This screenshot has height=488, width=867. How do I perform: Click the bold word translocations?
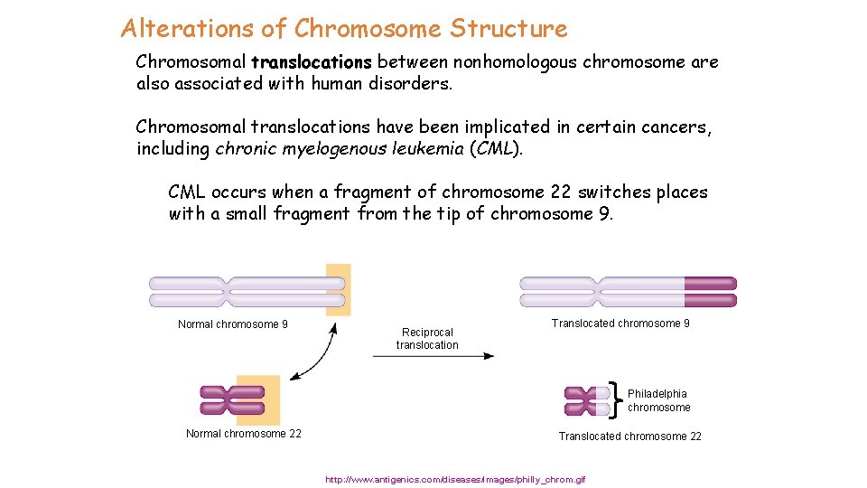click(312, 62)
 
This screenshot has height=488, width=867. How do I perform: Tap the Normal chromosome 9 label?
click(233, 324)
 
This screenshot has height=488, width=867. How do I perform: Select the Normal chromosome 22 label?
click(244, 434)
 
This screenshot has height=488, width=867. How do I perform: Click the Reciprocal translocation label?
click(427, 338)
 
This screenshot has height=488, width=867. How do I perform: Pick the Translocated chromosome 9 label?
click(620, 324)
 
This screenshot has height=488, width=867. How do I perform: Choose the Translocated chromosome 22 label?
click(629, 436)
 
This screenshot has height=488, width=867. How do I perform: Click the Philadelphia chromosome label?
click(658, 400)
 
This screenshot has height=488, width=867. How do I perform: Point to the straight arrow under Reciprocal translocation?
click(433, 356)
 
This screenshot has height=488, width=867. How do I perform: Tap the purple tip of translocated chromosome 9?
click(710, 291)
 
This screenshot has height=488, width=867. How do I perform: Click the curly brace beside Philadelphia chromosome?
click(617, 399)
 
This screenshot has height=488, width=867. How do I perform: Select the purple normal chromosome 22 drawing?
click(233, 400)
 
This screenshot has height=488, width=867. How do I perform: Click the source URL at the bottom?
click(455, 479)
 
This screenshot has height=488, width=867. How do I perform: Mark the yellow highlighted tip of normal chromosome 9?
click(338, 290)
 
